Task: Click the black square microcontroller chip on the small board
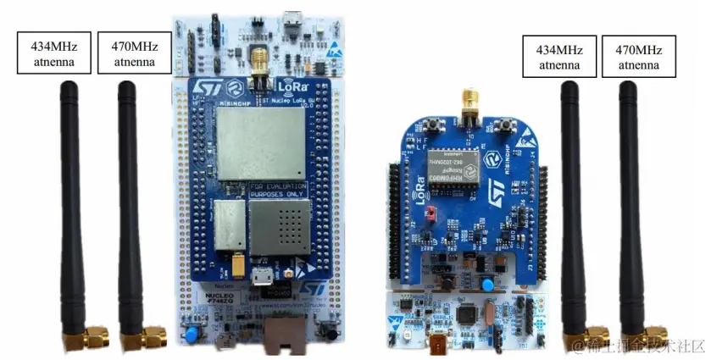pyautogui.click(x=468, y=316)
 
